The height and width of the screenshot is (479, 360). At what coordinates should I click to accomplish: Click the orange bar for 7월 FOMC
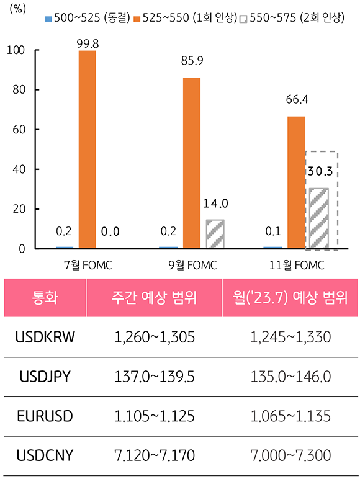tap(88, 149)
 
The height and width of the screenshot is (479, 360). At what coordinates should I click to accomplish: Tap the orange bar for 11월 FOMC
tap(296, 182)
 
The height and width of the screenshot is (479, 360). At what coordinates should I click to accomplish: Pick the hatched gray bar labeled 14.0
tap(215, 234)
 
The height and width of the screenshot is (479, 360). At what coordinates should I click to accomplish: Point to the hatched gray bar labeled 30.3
tap(319, 218)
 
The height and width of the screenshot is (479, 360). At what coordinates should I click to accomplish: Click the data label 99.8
tap(88, 42)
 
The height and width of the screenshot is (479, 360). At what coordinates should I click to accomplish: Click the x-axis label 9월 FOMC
tap(192, 265)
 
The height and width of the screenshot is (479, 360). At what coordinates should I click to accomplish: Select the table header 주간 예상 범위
tap(155, 297)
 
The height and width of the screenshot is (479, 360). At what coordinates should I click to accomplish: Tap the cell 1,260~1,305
tap(155, 337)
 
